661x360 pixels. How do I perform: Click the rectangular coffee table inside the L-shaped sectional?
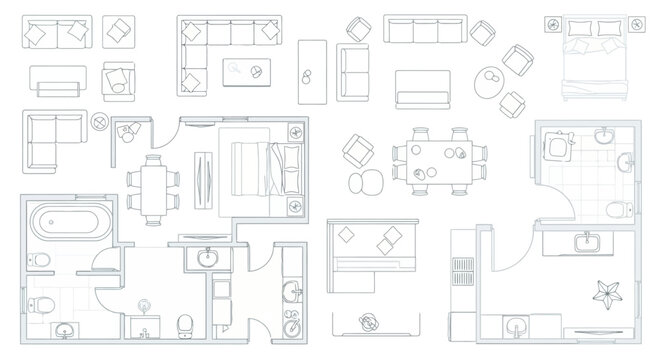point(246,72)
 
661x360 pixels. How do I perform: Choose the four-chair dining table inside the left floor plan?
point(154,188)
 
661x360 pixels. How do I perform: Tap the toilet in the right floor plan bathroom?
point(618,206)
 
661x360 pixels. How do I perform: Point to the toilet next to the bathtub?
point(41,259)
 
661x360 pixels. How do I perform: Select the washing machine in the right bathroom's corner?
point(557,146)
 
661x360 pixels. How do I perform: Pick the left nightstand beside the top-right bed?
point(552,22)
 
